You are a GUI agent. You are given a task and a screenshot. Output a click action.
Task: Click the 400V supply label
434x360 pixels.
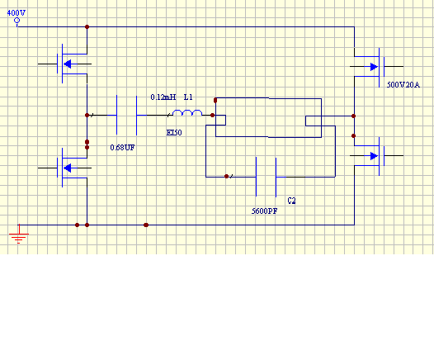tap(17, 12)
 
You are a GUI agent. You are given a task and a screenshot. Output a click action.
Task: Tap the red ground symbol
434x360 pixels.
tap(19, 234)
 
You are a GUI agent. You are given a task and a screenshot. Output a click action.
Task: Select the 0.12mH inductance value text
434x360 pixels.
tap(163, 97)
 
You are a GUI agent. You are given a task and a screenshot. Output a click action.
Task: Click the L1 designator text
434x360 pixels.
tap(188, 97)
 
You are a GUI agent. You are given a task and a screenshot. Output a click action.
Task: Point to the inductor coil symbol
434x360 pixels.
tap(187, 112)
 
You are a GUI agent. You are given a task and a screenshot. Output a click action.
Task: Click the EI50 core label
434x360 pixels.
tap(174, 133)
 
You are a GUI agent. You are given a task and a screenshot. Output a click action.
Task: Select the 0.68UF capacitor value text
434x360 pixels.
tap(122, 148)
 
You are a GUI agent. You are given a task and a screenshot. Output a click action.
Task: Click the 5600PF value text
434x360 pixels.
tap(264, 211)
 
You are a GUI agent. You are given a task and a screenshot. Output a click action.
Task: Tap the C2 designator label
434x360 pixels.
tap(292, 201)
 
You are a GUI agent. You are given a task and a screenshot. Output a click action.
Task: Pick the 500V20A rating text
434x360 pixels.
tap(403, 85)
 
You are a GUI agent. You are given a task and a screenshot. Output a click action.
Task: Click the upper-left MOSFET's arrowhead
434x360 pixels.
tap(68, 64)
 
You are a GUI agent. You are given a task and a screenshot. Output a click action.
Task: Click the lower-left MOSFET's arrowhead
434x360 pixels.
tap(68, 168)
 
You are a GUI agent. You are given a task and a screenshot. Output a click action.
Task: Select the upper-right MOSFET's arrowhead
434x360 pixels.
tap(374, 67)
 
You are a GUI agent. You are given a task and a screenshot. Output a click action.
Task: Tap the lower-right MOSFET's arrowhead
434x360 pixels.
tap(374, 156)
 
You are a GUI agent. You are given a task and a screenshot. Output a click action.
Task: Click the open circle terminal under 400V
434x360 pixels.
tap(17, 20)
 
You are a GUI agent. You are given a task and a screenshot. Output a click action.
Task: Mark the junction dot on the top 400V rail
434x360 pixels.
tap(87, 27)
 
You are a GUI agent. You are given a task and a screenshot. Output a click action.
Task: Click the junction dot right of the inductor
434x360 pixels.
tap(212, 116)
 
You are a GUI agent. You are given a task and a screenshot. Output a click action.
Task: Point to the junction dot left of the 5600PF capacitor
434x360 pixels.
tap(226, 177)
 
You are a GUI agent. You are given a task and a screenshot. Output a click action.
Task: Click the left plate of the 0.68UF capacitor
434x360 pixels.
tap(116, 115)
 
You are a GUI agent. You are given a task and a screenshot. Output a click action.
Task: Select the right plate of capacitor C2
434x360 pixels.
tap(276, 177)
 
